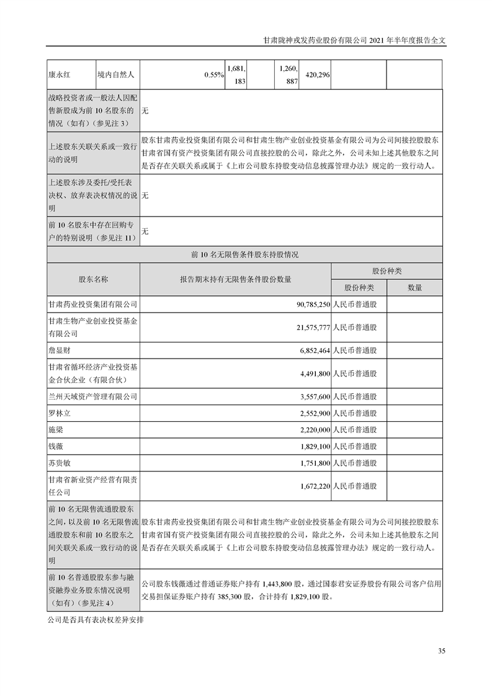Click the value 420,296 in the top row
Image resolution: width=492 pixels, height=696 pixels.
pos(316,74)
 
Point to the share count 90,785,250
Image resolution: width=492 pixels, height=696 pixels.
pos(308,305)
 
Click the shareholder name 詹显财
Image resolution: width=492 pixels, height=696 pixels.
pos(60,350)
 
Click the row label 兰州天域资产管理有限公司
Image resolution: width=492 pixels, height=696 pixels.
pos(92,396)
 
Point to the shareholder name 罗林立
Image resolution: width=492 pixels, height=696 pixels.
pos(60,413)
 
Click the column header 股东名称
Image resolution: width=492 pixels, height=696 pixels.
pos(94,280)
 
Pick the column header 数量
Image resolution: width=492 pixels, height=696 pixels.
pos(414,288)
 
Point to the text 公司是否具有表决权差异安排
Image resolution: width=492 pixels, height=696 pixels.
pos(96,619)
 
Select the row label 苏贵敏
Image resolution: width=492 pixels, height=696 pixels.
pos(60,463)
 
